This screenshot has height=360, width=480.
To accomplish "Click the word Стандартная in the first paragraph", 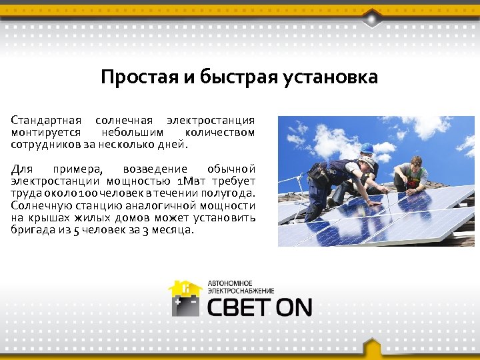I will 46,121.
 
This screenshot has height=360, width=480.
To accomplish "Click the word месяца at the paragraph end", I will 172,229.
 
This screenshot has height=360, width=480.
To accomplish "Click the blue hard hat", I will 367,148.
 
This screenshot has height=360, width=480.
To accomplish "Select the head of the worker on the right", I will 415,162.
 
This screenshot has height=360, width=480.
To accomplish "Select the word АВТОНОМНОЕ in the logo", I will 231,283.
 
